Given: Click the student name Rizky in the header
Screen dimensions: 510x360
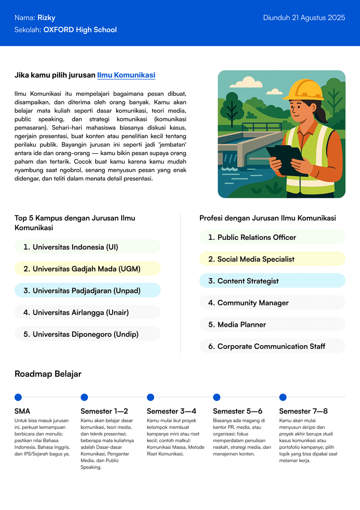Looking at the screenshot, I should [x=46, y=18].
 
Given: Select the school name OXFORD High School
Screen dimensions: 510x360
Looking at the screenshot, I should [x=80, y=30].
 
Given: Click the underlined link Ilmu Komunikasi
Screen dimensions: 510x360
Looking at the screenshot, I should [x=126, y=75].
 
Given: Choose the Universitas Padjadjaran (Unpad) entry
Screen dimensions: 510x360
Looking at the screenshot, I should [x=87, y=291].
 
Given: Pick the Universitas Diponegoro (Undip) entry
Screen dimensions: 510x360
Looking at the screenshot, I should [x=86, y=334].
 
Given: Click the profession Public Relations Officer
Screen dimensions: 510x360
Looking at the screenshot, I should [x=257, y=237].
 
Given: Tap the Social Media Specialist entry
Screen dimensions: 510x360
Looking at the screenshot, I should [x=256, y=259].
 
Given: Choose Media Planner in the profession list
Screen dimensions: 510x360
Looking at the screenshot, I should [x=241, y=324].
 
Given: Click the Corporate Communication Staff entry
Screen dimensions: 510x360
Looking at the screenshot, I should [x=271, y=346].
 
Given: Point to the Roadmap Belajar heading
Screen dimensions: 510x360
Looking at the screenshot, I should [x=48, y=374].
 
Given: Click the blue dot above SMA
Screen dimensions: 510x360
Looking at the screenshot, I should [x=18, y=397].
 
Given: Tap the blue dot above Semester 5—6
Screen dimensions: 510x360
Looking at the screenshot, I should [x=217, y=397].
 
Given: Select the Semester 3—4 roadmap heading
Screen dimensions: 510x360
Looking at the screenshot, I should [x=171, y=411].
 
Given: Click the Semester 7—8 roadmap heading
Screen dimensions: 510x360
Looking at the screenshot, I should [x=303, y=411].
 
